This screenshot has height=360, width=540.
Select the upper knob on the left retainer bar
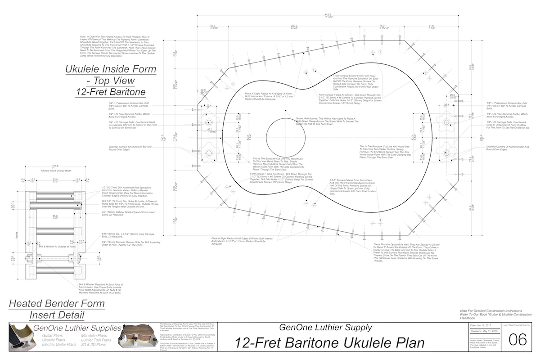click(209, 122)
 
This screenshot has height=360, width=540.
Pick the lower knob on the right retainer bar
click(445, 153)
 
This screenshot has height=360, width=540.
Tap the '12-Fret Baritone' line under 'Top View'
click(111, 92)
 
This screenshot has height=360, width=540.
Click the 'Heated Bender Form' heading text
click(57, 303)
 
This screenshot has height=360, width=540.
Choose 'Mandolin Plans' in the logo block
click(94, 336)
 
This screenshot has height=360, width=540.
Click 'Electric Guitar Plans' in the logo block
click(58, 345)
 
